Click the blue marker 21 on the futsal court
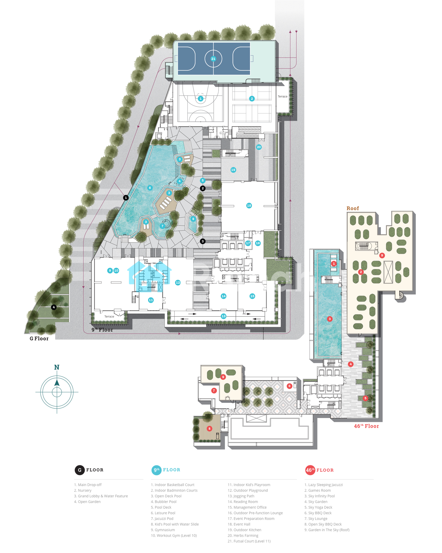[213, 59]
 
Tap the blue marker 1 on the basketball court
[201, 98]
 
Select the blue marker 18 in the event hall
[249, 205]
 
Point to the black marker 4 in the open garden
[54, 307]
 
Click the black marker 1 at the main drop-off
[126, 198]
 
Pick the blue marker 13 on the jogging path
[223, 316]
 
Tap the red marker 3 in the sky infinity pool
[330, 319]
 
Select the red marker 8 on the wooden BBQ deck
[209, 429]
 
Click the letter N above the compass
[57, 367]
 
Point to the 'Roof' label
[353, 208]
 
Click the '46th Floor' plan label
[366, 426]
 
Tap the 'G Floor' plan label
[39, 338]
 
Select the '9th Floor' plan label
[102, 330]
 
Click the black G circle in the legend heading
[80, 470]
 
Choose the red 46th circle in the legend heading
[310, 470]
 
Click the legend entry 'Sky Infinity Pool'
[320, 496]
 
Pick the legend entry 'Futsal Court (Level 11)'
[249, 541]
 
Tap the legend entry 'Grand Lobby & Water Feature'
[101, 496]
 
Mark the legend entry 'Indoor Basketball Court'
[173, 485]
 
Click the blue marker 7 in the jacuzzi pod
[162, 226]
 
